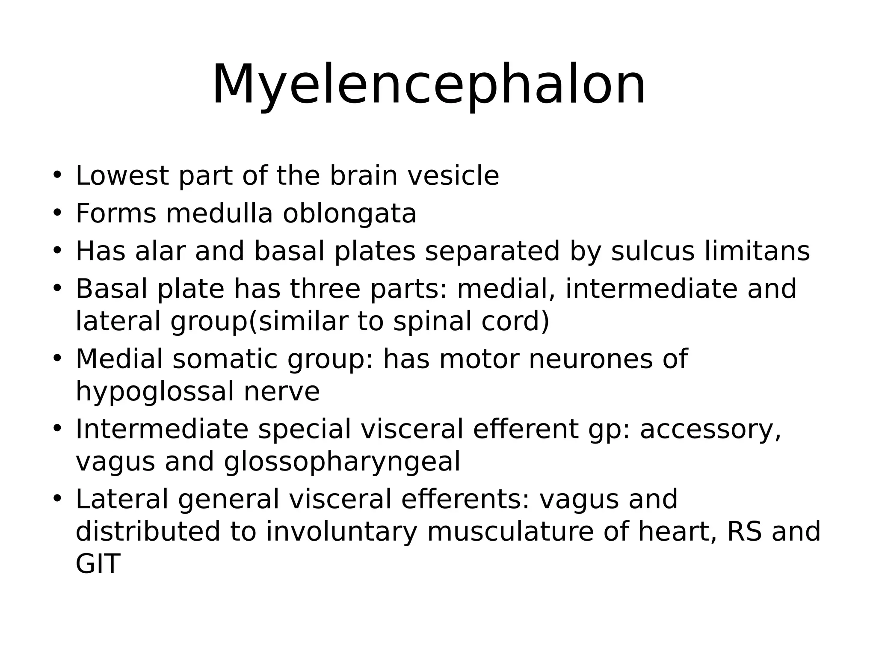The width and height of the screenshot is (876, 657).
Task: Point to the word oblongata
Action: click(349, 213)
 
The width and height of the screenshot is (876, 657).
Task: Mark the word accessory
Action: click(710, 429)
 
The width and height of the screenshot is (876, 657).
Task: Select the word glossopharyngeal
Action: click(342, 461)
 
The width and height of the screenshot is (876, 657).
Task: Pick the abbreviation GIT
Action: click(98, 564)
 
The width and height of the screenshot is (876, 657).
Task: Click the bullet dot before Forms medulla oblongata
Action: click(57, 212)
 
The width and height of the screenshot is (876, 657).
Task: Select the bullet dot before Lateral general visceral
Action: click(57, 498)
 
